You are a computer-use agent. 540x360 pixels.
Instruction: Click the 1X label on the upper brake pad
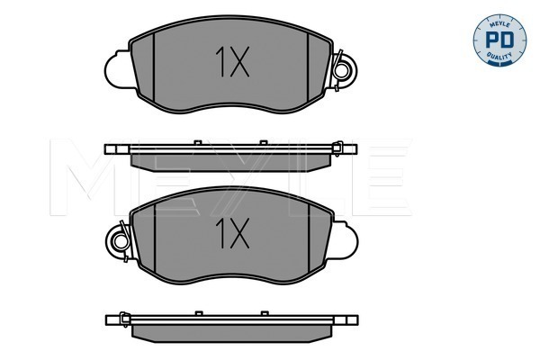(x=232, y=62)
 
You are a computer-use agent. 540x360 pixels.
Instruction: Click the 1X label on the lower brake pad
(x=232, y=234)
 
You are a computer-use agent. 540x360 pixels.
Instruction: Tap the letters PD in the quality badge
(x=499, y=40)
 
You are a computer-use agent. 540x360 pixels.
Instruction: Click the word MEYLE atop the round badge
(x=499, y=24)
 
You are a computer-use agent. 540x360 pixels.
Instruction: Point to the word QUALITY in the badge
(x=499, y=56)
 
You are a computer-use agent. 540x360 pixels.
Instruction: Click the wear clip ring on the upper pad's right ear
(x=342, y=71)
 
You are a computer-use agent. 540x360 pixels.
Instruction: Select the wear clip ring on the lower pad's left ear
(x=121, y=241)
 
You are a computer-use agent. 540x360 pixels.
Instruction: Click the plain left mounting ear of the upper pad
(x=117, y=69)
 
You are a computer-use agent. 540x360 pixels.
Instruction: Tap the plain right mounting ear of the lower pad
(x=345, y=240)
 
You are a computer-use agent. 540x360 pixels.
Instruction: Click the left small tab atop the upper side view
(x=198, y=142)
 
